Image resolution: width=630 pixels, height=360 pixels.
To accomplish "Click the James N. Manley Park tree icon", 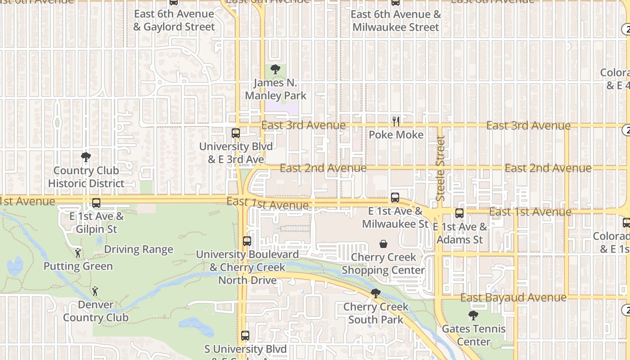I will (x=275, y=69).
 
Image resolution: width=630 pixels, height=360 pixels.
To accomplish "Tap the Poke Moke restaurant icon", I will (x=396, y=121).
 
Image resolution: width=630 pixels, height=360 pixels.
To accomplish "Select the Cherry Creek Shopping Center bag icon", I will (x=383, y=244).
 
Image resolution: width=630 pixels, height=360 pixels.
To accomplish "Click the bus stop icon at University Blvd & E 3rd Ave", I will (x=236, y=133).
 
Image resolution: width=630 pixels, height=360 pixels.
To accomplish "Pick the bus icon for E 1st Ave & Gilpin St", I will (x=96, y=203).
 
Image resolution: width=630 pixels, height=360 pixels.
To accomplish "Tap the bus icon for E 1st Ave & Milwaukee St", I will (x=395, y=198).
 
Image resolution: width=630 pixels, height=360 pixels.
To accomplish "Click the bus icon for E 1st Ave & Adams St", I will (x=459, y=213).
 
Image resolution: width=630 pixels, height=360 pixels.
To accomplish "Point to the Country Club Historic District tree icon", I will (x=86, y=157).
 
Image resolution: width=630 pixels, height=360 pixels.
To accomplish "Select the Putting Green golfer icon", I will (x=78, y=253).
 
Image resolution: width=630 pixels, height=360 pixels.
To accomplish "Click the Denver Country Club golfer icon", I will (x=95, y=292).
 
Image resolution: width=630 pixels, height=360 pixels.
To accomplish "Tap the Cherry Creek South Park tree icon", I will (x=375, y=294).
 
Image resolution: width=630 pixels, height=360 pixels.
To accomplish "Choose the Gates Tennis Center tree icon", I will (x=473, y=315).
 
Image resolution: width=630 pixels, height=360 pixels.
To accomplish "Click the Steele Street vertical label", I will (x=441, y=168).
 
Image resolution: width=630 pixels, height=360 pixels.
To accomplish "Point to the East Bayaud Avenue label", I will (x=513, y=297).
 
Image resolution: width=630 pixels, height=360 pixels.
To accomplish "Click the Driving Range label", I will (x=139, y=249).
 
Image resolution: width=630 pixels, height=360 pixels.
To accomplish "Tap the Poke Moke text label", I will (x=396, y=135).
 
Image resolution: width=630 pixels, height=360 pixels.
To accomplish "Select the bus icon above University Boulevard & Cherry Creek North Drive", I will (x=247, y=241).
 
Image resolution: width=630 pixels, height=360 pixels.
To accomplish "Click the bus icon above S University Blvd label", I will (x=245, y=336).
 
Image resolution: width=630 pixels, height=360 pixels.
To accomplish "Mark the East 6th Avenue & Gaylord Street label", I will (x=174, y=20).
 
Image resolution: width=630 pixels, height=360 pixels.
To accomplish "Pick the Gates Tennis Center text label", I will (x=473, y=335).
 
